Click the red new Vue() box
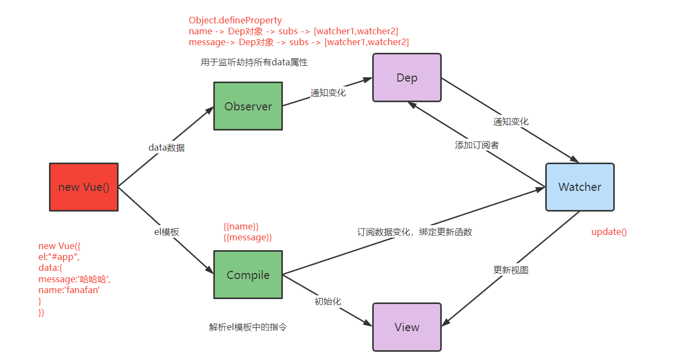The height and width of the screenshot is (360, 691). point(84,187)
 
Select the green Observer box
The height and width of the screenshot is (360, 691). point(248,106)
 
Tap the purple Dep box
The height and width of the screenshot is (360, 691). point(406,78)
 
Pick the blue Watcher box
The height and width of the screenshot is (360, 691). point(579,187)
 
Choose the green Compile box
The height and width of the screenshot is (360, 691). point(248,275)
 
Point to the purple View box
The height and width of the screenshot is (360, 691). point(406,327)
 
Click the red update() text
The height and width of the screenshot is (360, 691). point(609,232)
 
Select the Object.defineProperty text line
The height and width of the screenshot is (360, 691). point(235,21)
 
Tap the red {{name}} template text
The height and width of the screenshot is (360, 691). point(240,226)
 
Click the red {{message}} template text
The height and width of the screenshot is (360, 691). point(248,237)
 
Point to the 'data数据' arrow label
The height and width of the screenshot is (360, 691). point(166,147)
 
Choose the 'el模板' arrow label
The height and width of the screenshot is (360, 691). point(166,232)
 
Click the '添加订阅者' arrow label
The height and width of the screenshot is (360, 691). point(477,145)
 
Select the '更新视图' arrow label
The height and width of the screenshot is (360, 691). point(510,270)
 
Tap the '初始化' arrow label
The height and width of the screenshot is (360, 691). point(328,301)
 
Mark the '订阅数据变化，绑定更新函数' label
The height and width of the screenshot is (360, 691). point(414,232)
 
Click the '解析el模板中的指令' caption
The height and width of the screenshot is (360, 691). point(248,327)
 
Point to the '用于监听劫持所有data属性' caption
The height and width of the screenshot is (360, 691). point(254,63)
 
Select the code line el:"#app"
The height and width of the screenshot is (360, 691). point(59,257)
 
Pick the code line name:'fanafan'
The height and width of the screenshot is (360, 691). point(69,290)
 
